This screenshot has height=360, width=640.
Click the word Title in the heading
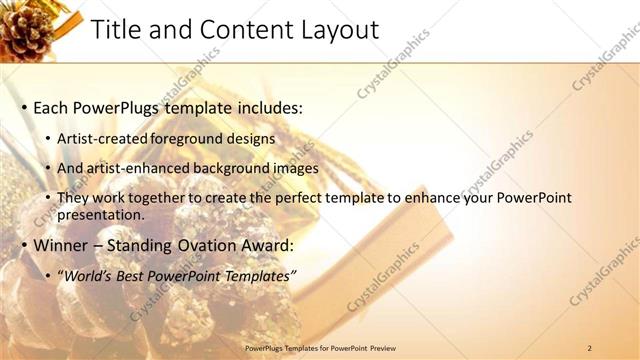(117, 30)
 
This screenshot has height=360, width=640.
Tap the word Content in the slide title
(240, 30)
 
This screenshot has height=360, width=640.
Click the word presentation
(100, 214)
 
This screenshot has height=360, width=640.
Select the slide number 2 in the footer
(589, 347)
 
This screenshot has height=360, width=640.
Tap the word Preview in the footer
(389, 347)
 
